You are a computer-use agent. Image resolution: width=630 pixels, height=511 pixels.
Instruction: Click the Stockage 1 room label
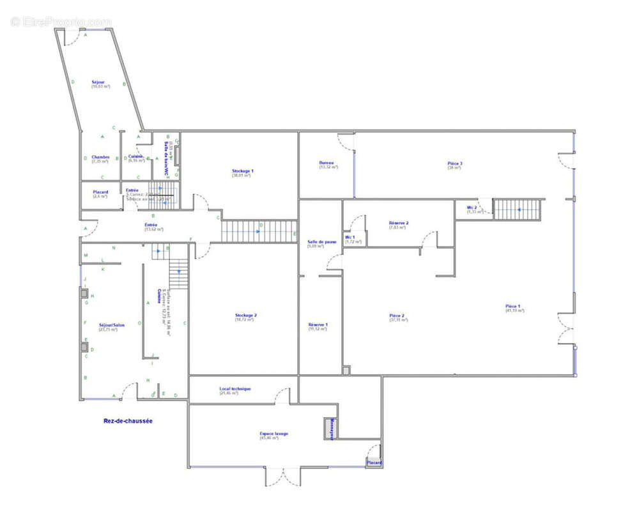coord(243,171)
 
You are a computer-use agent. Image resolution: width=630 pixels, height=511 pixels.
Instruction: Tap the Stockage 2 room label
coord(245,316)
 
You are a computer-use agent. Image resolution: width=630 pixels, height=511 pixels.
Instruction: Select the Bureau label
coord(327,164)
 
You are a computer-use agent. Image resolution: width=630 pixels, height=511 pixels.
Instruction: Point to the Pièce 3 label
coord(455,164)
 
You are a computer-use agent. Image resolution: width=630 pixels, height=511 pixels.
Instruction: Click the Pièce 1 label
coord(513,307)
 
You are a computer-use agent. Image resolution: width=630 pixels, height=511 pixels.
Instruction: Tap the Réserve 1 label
coord(318,324)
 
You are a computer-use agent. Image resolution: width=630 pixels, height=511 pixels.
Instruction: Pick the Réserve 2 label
coord(399,223)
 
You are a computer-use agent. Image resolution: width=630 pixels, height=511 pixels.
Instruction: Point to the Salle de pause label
coord(322,242)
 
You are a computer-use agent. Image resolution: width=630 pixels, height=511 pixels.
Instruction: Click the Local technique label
coord(235,389)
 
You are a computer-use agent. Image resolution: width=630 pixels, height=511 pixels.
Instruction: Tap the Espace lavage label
coord(273,434)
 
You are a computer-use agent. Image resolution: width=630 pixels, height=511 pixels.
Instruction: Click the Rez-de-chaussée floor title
coord(128,421)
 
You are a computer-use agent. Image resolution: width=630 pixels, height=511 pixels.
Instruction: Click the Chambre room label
coord(100,157)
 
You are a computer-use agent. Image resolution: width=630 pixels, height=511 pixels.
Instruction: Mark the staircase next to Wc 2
coord(518,209)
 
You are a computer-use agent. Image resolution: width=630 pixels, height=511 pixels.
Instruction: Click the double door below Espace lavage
coord(283,476)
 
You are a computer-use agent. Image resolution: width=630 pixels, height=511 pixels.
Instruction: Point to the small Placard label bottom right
coord(374,462)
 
